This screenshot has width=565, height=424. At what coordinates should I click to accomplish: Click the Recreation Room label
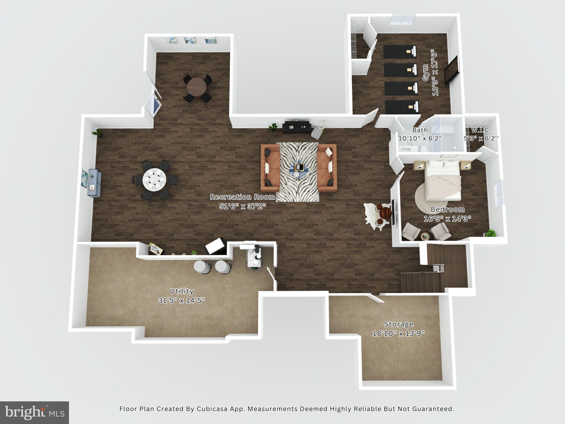tap(242, 197)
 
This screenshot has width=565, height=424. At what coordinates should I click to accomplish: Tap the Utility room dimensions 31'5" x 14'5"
tap(182, 300)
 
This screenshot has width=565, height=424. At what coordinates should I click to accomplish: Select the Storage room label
tap(399, 324)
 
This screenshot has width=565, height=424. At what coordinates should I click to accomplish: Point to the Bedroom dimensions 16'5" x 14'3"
tap(447, 219)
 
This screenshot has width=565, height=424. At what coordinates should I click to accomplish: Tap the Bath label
tap(420, 130)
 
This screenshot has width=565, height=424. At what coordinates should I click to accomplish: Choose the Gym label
tap(426, 73)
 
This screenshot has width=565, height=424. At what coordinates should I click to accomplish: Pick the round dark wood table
tap(196, 86)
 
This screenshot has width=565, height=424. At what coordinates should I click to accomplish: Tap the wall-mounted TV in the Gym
tap(451, 70)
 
